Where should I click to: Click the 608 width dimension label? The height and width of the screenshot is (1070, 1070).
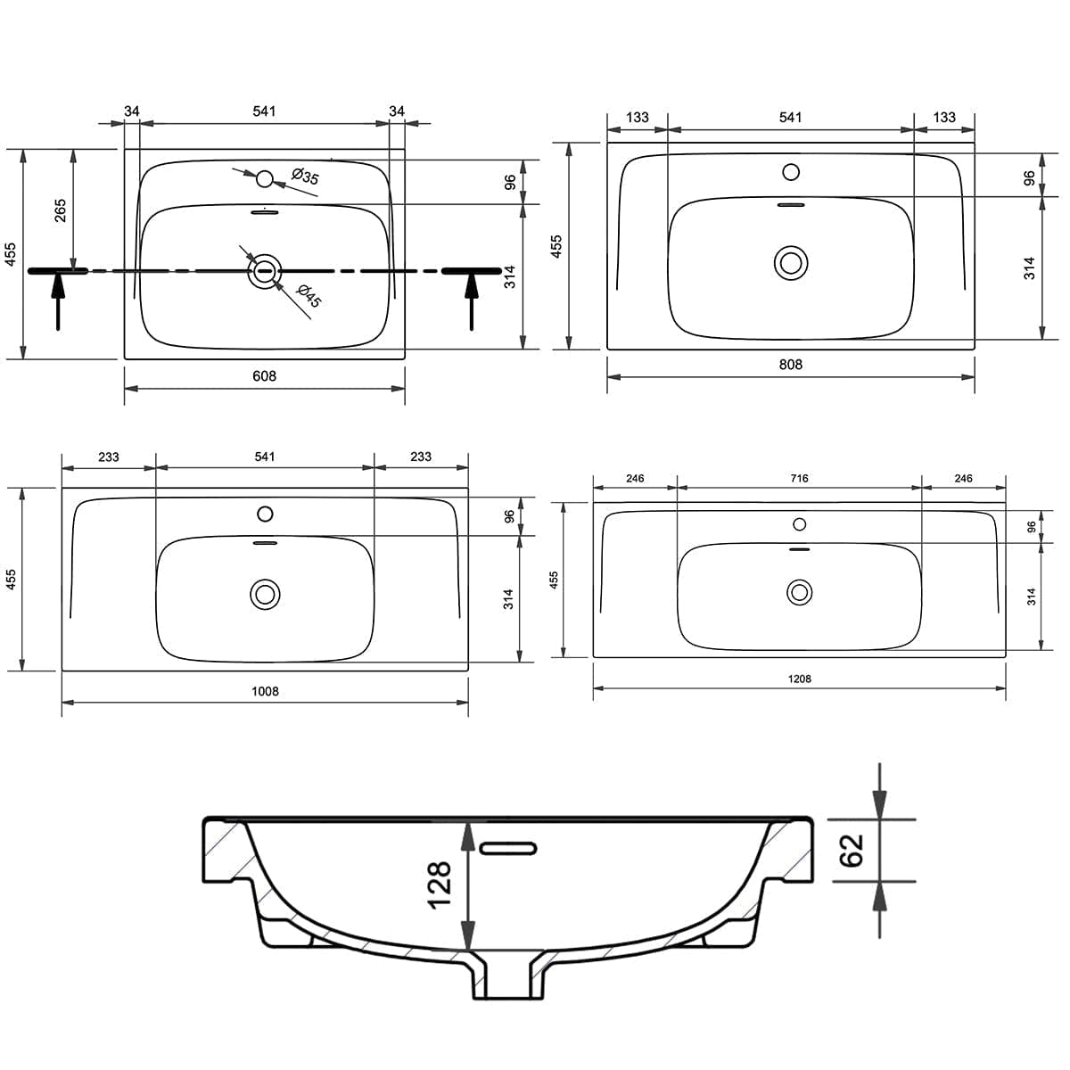[x=264, y=376]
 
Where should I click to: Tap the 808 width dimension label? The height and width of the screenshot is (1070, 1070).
[x=791, y=365]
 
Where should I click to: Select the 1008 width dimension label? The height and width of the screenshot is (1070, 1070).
[x=265, y=691]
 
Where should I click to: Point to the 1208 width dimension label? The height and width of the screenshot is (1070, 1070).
[x=800, y=679]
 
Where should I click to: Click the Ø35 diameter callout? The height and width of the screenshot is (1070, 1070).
[x=306, y=177]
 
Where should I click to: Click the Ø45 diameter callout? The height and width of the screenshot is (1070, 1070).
[x=309, y=296]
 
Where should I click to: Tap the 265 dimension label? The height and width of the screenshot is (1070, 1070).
[x=60, y=210]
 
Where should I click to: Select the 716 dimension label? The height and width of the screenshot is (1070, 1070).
[x=800, y=478]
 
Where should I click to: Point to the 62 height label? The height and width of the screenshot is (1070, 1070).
[x=852, y=851]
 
